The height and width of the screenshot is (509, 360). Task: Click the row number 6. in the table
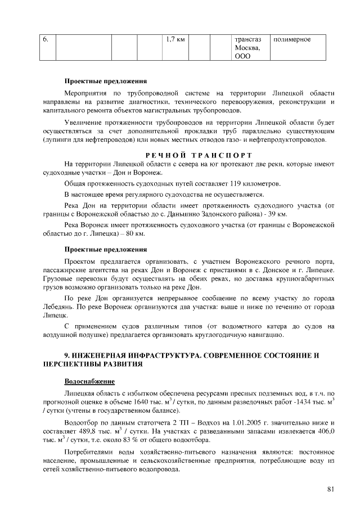tap(46, 40)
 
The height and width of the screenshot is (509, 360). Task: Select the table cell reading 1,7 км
tap(176, 40)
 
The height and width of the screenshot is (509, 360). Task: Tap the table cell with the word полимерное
tap(291, 40)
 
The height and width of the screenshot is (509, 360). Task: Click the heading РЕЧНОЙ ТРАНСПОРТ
tap(197, 155)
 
